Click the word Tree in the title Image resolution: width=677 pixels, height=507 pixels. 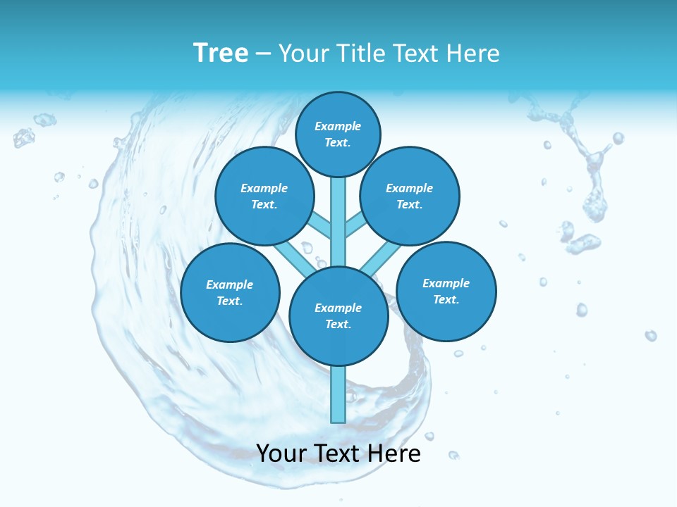(221, 54)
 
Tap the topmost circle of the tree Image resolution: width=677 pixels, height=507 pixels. (338, 134)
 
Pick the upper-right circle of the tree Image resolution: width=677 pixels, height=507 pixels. (409, 196)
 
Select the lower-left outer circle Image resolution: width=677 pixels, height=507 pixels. (230, 292)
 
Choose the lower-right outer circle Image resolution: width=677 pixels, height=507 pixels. (446, 291)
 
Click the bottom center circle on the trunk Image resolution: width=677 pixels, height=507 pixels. (338, 315)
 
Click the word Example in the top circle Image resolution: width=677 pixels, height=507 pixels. (338, 126)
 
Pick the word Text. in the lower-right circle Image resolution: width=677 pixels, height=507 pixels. (446, 299)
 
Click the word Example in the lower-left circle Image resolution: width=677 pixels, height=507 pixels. (229, 284)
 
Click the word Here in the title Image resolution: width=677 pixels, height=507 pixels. (473, 54)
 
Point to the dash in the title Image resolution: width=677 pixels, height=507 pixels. (263, 54)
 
